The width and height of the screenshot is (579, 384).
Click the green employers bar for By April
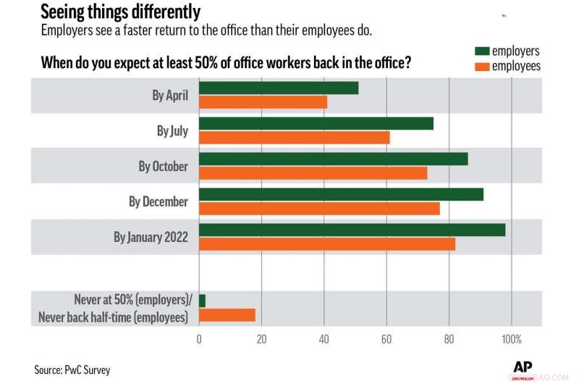(x=279, y=88)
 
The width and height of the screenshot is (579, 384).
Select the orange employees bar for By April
(x=263, y=102)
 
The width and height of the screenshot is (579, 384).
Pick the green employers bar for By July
(x=316, y=123)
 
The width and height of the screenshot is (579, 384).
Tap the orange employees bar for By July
(x=295, y=138)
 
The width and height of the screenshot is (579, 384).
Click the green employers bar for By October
(x=333, y=159)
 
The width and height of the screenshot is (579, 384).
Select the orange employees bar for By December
(x=319, y=209)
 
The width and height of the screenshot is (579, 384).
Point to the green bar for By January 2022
(x=352, y=230)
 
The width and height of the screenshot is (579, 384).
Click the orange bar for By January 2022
(x=327, y=244)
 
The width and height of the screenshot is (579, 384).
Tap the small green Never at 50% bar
(x=202, y=301)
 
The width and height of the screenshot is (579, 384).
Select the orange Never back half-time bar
(x=227, y=315)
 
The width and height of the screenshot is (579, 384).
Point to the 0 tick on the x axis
(x=199, y=338)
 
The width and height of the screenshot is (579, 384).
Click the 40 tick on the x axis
(x=324, y=338)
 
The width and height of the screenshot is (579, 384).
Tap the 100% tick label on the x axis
(x=511, y=338)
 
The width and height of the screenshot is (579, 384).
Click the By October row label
(x=163, y=166)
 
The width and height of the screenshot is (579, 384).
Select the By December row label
(x=158, y=201)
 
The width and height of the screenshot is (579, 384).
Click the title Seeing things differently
(x=120, y=12)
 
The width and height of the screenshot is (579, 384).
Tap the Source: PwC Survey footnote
(x=72, y=370)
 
